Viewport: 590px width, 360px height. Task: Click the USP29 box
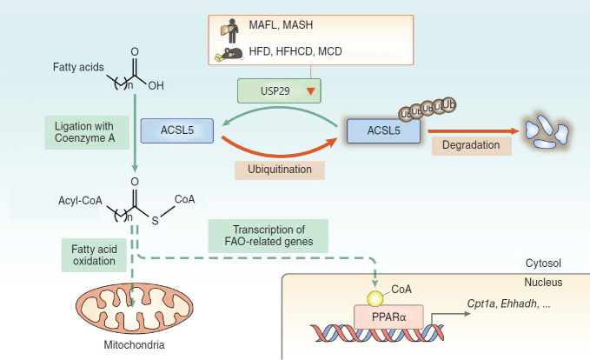[x=279, y=90]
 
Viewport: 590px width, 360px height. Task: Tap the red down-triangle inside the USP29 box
[x=310, y=91]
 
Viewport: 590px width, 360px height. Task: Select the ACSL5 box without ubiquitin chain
[x=177, y=130]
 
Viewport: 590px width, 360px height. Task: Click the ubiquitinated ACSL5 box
[x=383, y=131]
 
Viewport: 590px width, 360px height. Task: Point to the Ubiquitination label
[x=280, y=170]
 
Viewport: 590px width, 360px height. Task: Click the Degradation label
[x=471, y=145]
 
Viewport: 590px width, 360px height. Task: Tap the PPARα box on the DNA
[x=388, y=317]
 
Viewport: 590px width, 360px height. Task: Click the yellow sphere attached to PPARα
[x=375, y=299]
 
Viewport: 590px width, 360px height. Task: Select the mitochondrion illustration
[x=135, y=308]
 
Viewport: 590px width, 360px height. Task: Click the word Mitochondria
[x=134, y=344]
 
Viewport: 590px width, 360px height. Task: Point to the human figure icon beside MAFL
[x=230, y=31]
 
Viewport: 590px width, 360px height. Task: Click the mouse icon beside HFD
[x=229, y=55]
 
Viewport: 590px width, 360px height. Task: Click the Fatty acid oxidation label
[x=94, y=255]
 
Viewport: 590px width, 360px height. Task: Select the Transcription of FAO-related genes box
[x=268, y=236]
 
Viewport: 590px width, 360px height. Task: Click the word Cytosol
[x=543, y=263]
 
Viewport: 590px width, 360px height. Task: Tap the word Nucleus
[x=543, y=282]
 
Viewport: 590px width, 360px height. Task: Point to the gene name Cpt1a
[x=481, y=303]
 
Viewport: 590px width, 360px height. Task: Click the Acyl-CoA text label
[x=80, y=201]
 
